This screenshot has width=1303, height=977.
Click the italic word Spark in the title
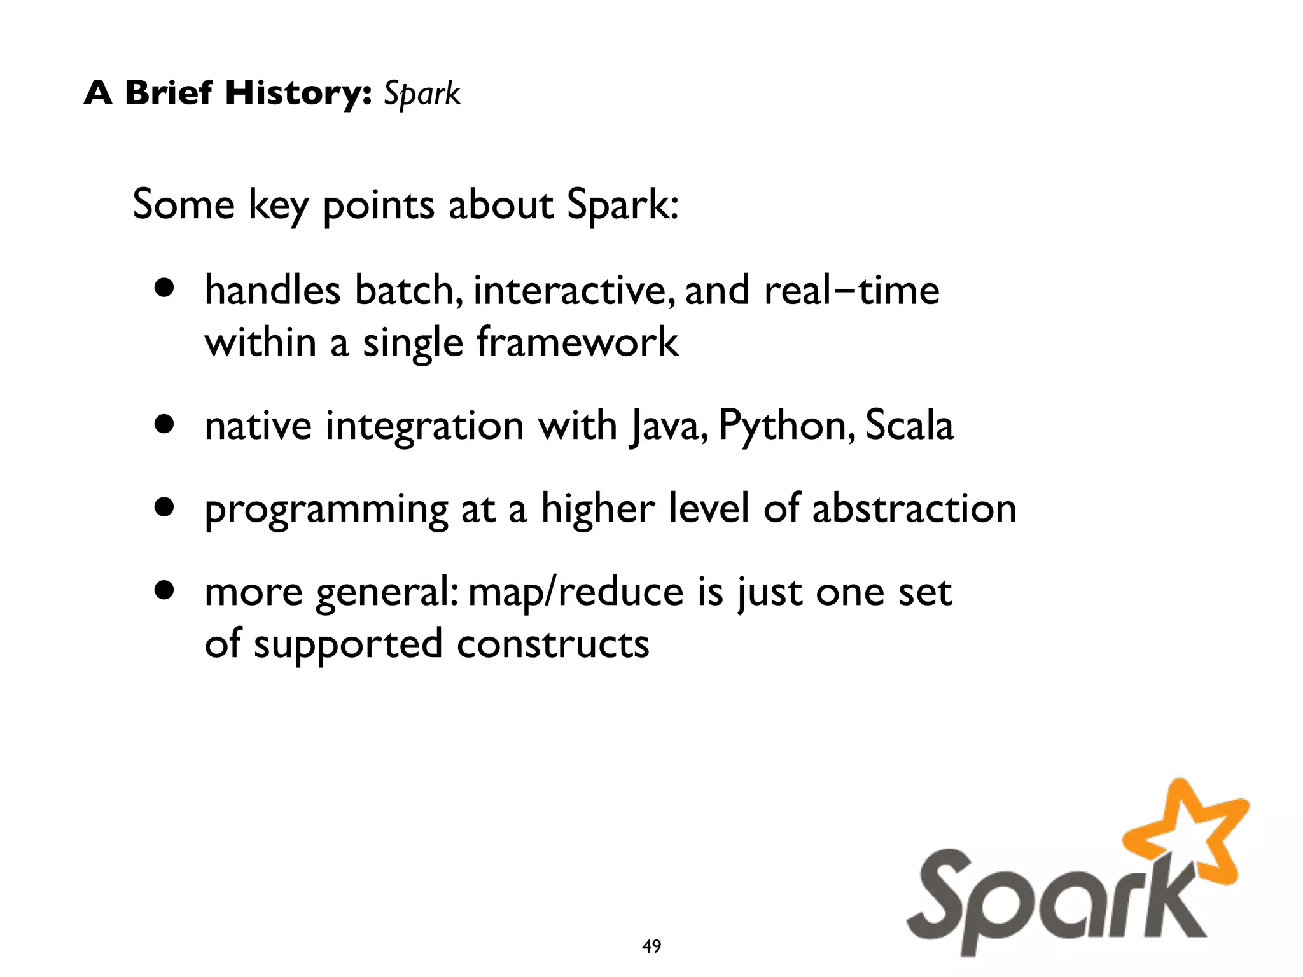pos(422,94)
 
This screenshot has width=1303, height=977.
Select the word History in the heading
pos(298,93)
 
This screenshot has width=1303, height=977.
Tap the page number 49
pos(651,946)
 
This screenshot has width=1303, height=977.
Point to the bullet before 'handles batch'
pos(164,288)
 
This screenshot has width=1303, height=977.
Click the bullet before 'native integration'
pos(164,424)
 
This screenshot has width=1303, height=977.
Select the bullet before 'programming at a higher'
pos(164,507)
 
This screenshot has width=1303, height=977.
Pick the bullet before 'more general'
pos(164,590)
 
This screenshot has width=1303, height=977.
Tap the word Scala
pos(909,425)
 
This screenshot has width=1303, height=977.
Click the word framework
pos(578,342)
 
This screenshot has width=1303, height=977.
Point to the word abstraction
pos(914,508)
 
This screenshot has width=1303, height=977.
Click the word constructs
pos(553,644)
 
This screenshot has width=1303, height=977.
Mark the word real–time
pos(851,291)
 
